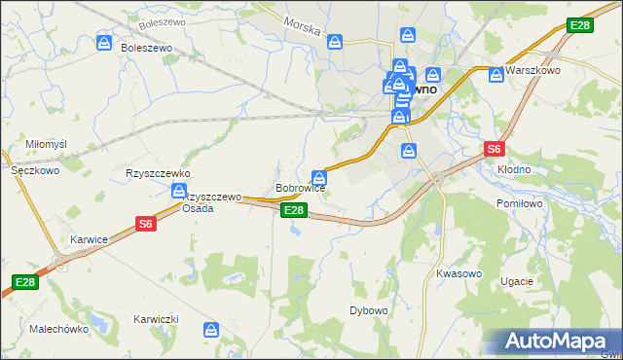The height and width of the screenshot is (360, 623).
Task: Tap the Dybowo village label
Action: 369,310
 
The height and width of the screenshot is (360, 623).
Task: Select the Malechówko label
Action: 59,329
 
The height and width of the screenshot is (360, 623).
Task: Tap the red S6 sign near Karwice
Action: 146,224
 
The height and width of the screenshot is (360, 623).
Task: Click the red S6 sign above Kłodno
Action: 495,149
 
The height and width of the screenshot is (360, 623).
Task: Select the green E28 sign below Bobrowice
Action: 295,210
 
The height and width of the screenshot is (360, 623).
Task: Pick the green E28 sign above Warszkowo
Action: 578,25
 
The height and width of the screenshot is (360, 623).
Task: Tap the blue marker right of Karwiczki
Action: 211,329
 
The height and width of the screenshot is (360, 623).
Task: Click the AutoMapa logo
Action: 552,341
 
